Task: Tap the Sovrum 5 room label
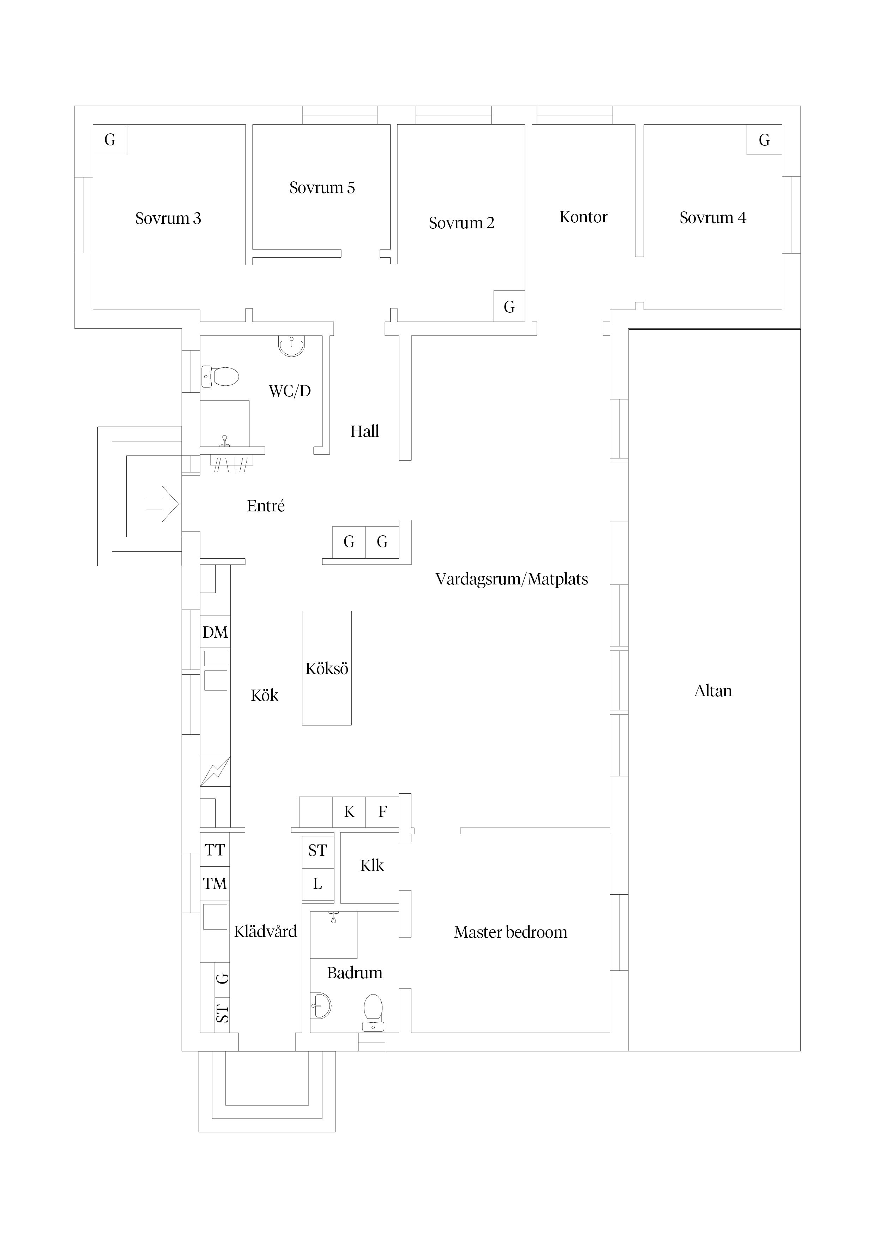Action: (x=322, y=188)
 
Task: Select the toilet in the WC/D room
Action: (x=221, y=376)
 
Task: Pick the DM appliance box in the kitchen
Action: (x=215, y=632)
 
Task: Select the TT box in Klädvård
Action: (x=215, y=850)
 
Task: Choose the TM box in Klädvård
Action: (x=215, y=884)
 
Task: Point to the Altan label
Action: (x=713, y=691)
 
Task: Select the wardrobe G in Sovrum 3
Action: (x=110, y=140)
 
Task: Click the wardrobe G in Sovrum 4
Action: (x=764, y=140)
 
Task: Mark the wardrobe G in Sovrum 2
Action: (x=509, y=307)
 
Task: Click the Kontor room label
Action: (x=583, y=217)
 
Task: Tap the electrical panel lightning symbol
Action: (x=215, y=771)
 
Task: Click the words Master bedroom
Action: (x=510, y=932)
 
